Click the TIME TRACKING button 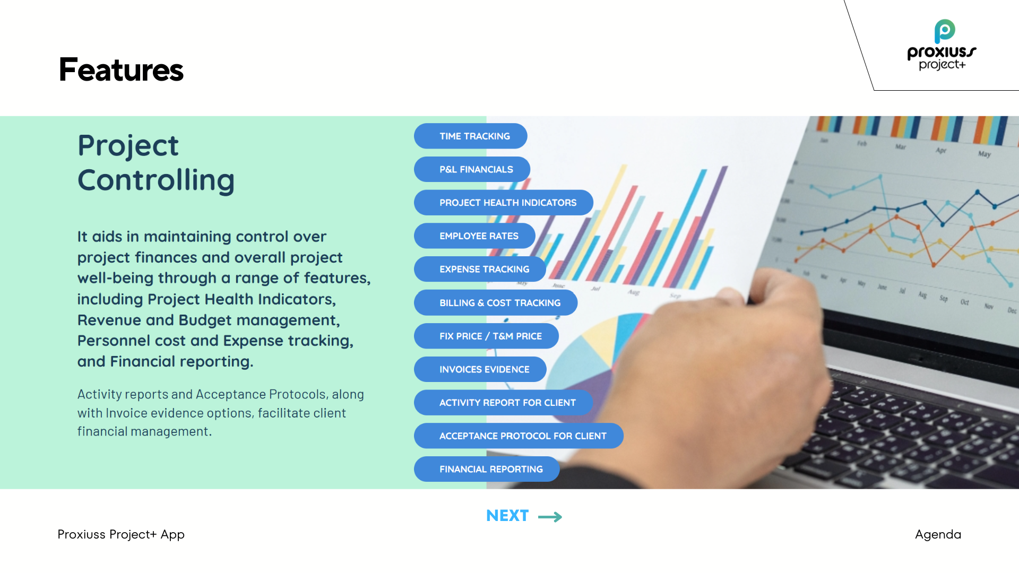tap(470, 136)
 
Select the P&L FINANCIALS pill tap(472, 169)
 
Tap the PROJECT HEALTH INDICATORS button tap(504, 203)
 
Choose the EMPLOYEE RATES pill tap(474, 236)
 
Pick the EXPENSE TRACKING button tap(480, 269)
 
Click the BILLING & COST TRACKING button tap(496, 302)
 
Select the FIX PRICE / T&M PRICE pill tap(486, 336)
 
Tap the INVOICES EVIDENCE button tap(480, 369)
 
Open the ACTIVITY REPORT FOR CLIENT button tap(503, 403)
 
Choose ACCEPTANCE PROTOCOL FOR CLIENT tap(519, 436)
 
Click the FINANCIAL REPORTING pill tap(487, 469)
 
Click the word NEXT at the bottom tap(507, 516)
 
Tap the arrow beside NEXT tap(550, 517)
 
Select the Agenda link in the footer tap(938, 535)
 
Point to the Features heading tap(121, 70)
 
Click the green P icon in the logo tap(944, 31)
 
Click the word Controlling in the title tap(156, 180)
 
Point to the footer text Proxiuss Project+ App tap(121, 535)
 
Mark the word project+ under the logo tap(942, 65)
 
